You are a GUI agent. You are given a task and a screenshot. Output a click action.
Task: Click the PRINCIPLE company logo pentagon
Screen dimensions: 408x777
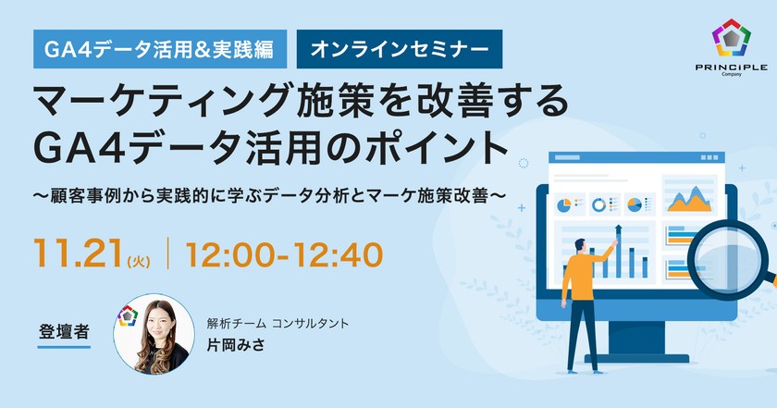[731, 39]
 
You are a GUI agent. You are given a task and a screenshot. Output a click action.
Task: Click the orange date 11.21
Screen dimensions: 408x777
[68, 253]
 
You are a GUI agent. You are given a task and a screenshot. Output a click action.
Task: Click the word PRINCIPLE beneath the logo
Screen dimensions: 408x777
[731, 69]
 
